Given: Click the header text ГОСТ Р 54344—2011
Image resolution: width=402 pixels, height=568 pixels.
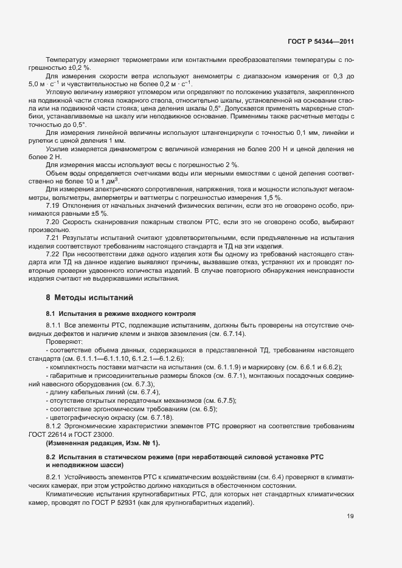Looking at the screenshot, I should (x=321, y=42).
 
